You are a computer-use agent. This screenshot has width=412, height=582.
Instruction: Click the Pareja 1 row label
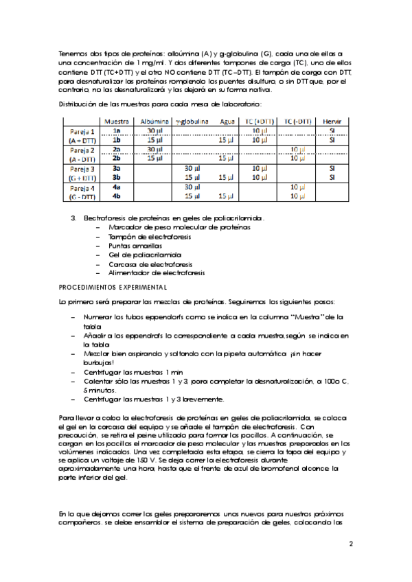click(82, 130)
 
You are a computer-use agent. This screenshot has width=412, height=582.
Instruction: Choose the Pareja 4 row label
click(82, 187)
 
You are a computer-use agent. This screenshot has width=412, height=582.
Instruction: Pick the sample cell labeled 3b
click(117, 177)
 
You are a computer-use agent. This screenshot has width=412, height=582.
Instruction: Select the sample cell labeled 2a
click(117, 149)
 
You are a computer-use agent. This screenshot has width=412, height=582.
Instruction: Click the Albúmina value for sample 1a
click(154, 130)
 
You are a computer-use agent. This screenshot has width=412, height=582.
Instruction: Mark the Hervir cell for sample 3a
click(332, 168)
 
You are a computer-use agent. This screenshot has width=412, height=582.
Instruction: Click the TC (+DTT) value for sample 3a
click(260, 168)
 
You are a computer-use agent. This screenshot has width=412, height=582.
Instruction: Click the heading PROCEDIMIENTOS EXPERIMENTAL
click(113, 286)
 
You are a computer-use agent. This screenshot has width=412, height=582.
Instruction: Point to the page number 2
click(350, 544)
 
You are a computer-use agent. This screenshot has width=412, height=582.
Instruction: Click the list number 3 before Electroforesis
click(73, 218)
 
